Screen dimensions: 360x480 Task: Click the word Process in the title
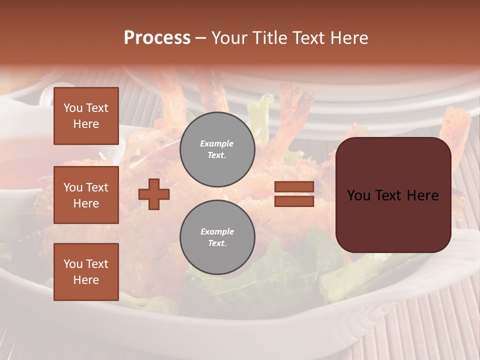coord(157,38)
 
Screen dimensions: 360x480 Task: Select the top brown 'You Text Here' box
coord(86,116)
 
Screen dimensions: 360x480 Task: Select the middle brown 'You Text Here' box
coord(86,195)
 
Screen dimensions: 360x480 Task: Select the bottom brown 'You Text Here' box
coord(86,272)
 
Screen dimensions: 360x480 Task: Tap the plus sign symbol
coord(154,194)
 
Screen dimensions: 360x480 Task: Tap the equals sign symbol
coord(294,194)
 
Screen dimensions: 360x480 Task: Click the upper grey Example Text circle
coord(217,149)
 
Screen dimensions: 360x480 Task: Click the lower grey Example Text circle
coord(217,237)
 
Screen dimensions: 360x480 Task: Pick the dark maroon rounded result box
coord(393,195)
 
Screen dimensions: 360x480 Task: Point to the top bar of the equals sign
coord(294,187)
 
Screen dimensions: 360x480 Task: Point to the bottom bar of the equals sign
coord(294,201)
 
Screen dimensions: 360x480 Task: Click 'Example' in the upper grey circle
coord(216,144)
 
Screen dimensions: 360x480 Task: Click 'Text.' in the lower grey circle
coord(217,243)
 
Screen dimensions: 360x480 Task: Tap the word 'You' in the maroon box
coord(358,195)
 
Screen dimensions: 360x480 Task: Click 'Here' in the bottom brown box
coord(86,280)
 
